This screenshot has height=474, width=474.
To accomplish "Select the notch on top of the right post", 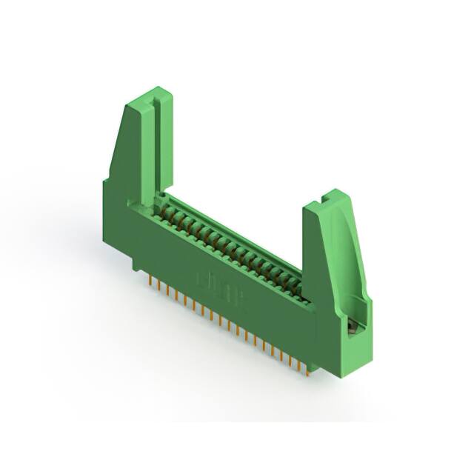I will (328, 198).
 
